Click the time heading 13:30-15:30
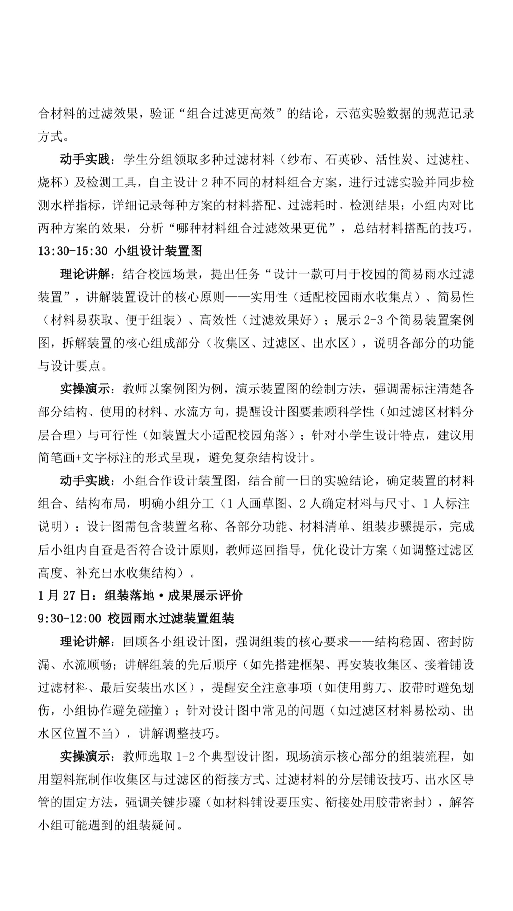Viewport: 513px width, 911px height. (72, 251)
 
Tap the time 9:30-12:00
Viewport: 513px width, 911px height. (69, 619)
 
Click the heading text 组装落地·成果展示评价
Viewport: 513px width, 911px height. (173, 596)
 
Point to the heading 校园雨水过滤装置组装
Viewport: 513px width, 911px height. (171, 619)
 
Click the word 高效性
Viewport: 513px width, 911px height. (217, 320)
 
